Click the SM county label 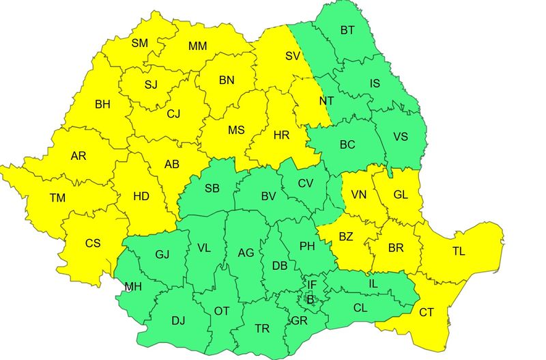click(x=139, y=43)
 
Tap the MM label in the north click(x=197, y=46)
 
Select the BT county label click(x=347, y=30)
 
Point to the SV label click(x=292, y=55)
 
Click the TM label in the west click(x=57, y=198)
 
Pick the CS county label click(x=93, y=243)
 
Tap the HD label click(x=141, y=196)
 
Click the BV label click(x=268, y=196)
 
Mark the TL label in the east click(x=458, y=251)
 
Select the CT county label click(x=426, y=312)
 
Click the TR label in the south click(x=262, y=329)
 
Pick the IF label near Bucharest click(x=311, y=284)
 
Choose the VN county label click(x=359, y=195)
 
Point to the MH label click(x=133, y=287)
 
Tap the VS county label click(x=401, y=136)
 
